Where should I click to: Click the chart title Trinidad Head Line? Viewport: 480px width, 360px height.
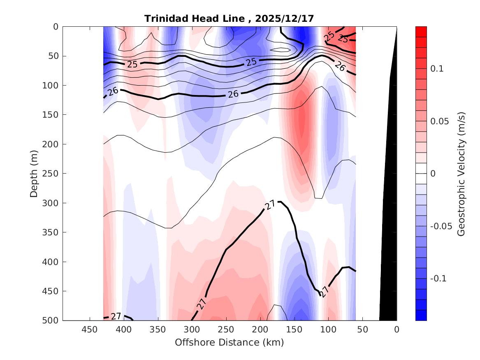tap(198, 19)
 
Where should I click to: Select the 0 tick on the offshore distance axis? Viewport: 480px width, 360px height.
tap(397, 330)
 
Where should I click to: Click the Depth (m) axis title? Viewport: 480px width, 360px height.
tap(34, 173)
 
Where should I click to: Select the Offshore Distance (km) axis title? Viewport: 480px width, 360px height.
tap(229, 342)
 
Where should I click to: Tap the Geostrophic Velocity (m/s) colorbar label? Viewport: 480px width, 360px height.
tap(461, 173)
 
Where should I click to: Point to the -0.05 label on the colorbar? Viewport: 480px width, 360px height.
tap(441, 226)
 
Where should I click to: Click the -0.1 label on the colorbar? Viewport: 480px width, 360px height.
tap(438, 279)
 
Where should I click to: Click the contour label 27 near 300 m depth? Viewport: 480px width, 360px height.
tap(270, 205)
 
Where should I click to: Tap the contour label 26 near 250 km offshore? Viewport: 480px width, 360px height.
tap(233, 94)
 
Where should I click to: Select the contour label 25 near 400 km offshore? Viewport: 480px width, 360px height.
tap(132, 65)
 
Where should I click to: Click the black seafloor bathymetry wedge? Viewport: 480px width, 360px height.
tap(388, 247)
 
